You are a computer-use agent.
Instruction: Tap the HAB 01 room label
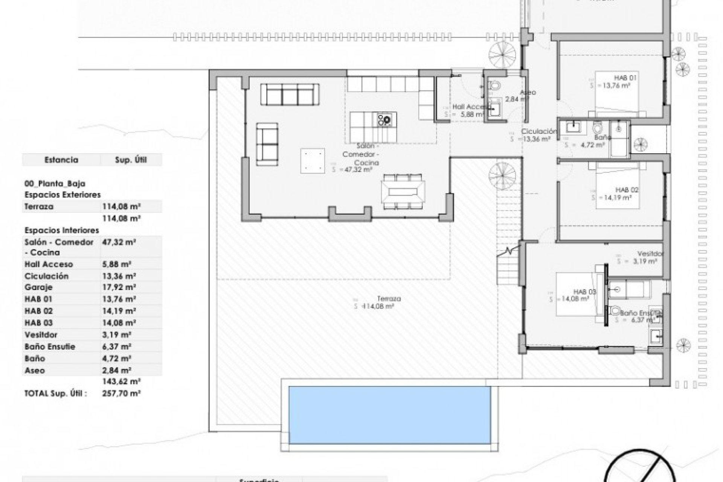[x=625, y=78]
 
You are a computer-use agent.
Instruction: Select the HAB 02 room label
[x=627, y=190]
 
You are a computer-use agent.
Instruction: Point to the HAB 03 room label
[x=585, y=291]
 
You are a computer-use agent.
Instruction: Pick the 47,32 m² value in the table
[x=119, y=242]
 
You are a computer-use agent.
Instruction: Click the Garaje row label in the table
[x=38, y=287]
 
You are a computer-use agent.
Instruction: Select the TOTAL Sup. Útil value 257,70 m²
[x=121, y=394]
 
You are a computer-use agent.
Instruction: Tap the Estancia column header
[x=61, y=160]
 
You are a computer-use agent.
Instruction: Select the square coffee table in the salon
[x=313, y=160]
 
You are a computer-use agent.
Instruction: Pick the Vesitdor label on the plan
[x=650, y=254]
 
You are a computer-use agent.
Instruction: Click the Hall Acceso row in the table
[x=49, y=264]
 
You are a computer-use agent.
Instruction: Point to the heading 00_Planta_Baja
[x=55, y=184]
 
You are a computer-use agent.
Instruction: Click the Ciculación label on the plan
[x=539, y=131]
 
